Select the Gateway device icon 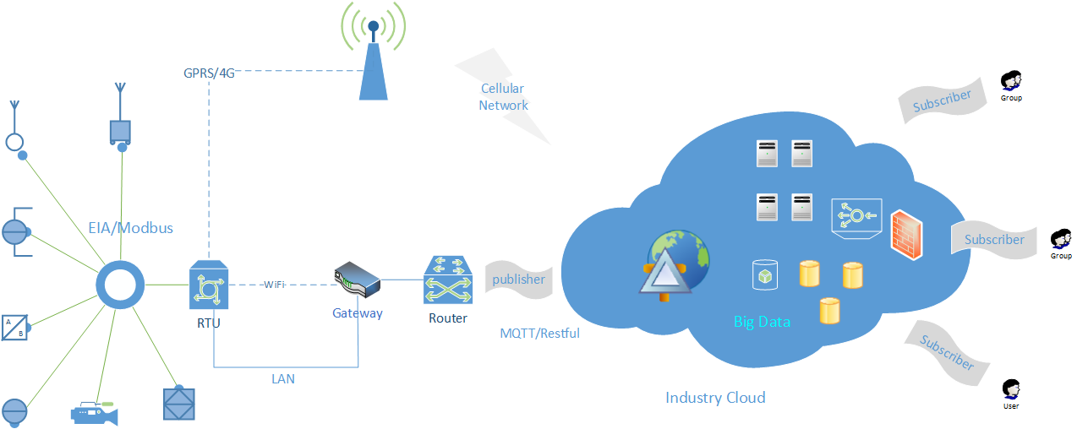click(x=357, y=280)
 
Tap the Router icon click(x=448, y=280)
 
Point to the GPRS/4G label click(x=209, y=73)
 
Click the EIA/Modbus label click(x=131, y=227)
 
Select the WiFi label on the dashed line click(x=274, y=284)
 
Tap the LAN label click(x=283, y=379)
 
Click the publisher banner click(x=518, y=280)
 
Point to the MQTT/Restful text click(x=540, y=333)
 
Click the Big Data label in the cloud click(x=762, y=322)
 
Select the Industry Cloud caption click(x=715, y=398)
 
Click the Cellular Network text click(x=503, y=97)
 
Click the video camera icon click(x=94, y=413)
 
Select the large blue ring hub click(x=120, y=286)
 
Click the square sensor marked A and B click(x=14, y=327)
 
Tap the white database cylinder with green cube click(x=764, y=274)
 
